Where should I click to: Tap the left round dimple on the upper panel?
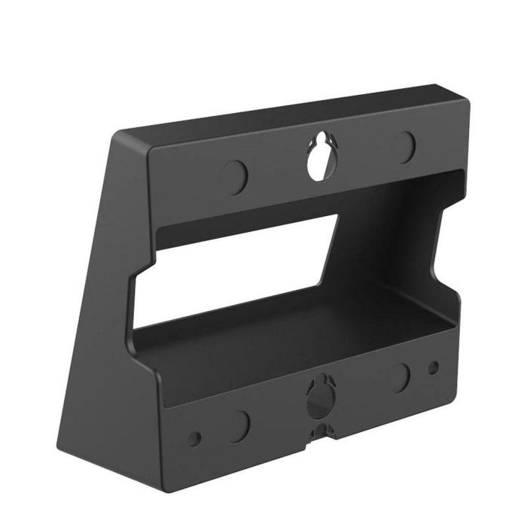[x=236, y=175]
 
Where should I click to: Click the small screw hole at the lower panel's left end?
[x=196, y=436]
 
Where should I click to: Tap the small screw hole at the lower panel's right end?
[x=433, y=368]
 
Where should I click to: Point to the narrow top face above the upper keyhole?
[x=301, y=120]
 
